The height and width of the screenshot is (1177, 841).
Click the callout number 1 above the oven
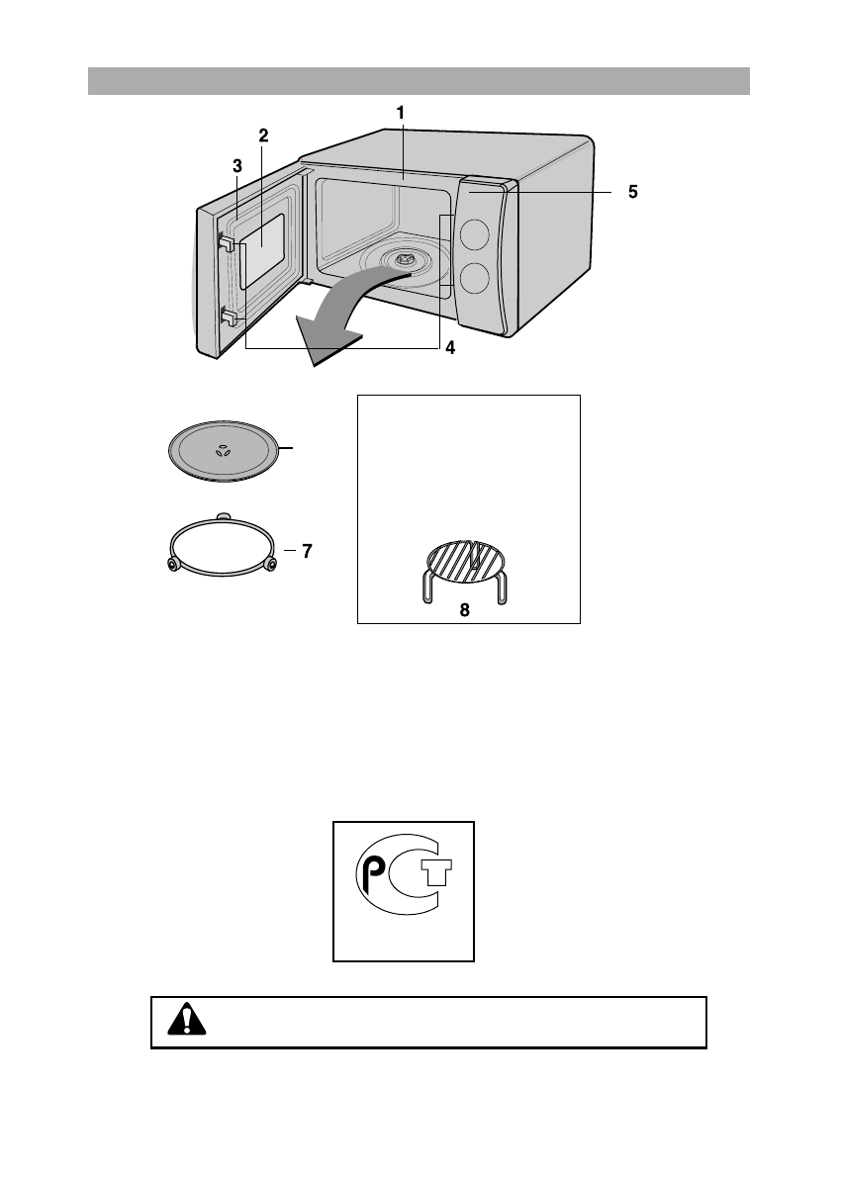click(x=400, y=114)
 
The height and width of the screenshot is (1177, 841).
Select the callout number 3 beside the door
click(x=237, y=167)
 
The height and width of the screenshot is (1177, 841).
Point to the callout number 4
click(x=450, y=348)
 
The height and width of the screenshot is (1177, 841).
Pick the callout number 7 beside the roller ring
click(x=307, y=552)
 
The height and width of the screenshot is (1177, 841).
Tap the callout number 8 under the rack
click(x=464, y=610)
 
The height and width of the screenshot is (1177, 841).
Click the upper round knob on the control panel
click(x=475, y=234)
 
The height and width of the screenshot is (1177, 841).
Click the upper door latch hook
click(x=227, y=241)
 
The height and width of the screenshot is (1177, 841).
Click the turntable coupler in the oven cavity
click(x=404, y=259)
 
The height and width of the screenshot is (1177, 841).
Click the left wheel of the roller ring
click(x=173, y=564)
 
